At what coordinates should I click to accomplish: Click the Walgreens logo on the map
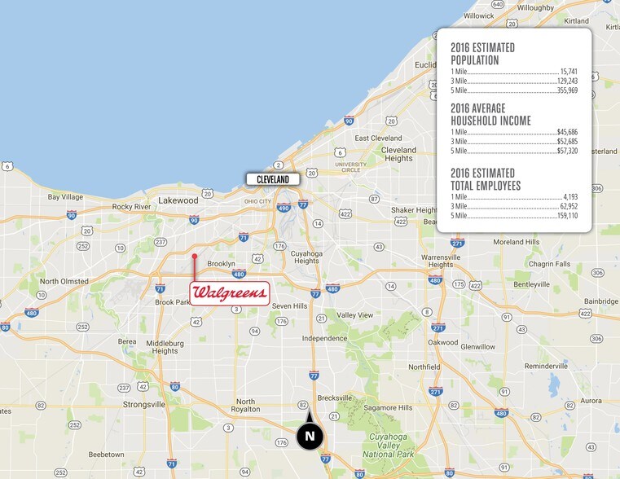pos(229,293)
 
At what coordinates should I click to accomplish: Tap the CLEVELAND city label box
pos(274,178)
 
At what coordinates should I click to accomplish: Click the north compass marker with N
pos(310,436)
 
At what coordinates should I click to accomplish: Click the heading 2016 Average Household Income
pos(490,115)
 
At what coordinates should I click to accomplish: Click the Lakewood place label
pos(178,200)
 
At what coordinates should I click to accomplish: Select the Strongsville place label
pos(143,404)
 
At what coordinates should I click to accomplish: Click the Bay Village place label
pos(66,196)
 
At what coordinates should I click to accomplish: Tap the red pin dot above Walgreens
pos(194,257)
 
